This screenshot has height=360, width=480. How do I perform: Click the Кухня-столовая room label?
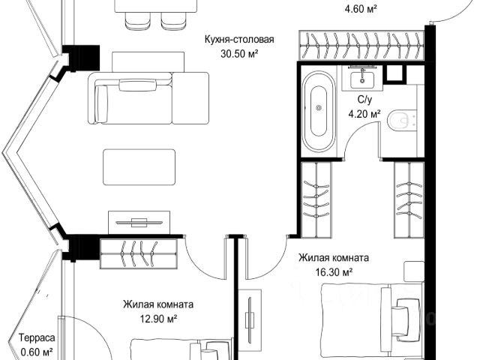[239, 40]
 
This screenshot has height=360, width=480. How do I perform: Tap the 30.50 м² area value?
[239, 54]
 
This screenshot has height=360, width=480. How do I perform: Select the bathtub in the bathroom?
[318, 112]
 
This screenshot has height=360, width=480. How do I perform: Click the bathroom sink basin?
[362, 79]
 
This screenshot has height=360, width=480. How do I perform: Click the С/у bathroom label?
[364, 100]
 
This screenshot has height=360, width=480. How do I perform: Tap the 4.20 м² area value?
[364, 114]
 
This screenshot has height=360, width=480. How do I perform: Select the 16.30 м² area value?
[334, 271]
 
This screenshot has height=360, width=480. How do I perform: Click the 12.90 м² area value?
[158, 319]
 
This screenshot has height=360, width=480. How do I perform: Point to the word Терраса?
[37, 338]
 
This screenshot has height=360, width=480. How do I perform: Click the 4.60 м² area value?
[361, 9]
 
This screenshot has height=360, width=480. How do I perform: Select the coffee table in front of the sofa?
[139, 167]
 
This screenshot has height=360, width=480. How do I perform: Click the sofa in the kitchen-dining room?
[148, 98]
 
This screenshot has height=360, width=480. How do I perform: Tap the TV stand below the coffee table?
[139, 223]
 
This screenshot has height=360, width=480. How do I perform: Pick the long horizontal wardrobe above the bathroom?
[361, 45]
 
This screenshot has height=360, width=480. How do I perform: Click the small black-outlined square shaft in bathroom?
[394, 73]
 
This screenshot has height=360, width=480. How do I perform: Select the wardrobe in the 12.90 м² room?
[139, 254]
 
